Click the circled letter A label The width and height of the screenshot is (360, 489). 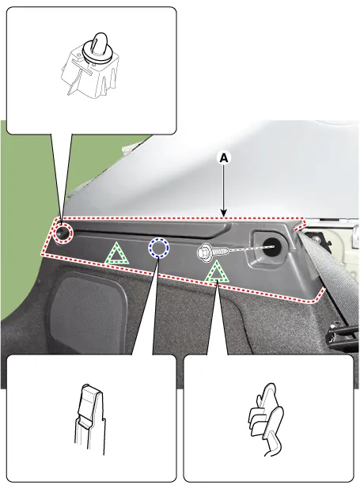224,158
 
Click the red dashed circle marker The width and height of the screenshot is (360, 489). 63,233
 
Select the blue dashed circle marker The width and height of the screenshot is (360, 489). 159,248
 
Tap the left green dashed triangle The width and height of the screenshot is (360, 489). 116,253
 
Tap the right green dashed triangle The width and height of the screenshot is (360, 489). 216,272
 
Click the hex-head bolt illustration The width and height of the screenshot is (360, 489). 213,252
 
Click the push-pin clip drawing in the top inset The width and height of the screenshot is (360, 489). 90,65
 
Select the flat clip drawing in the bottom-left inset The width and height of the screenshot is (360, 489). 90,419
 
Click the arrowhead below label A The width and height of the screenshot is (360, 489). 224,213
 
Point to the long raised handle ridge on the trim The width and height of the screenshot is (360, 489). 153,229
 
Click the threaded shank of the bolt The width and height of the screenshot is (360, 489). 222,251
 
